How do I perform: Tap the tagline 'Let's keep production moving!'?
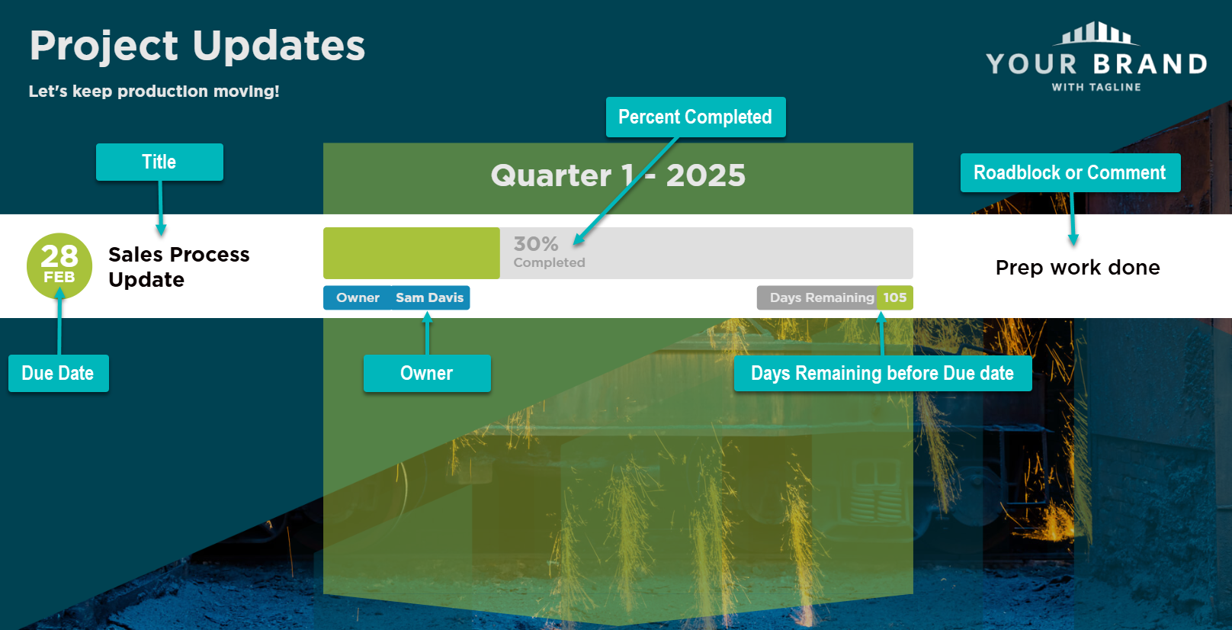(154, 92)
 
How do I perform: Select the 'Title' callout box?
(159, 162)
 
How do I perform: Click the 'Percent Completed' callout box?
(696, 117)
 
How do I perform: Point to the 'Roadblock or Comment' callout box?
(1070, 173)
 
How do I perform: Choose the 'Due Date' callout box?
(58, 373)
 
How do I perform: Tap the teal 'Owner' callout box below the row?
(427, 373)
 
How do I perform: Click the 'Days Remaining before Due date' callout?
(883, 373)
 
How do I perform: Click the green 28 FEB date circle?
(59, 265)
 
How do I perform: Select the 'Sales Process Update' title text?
(178, 267)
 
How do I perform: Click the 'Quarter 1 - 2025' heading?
(618, 175)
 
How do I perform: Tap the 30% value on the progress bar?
(536, 243)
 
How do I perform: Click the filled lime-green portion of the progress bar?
(412, 253)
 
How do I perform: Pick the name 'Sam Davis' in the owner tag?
(429, 297)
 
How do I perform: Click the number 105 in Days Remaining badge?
(895, 297)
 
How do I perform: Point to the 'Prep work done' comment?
(1077, 268)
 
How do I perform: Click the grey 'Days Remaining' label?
(822, 297)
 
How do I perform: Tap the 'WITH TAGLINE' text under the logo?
(1096, 87)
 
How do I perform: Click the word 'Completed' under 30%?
(550, 262)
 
